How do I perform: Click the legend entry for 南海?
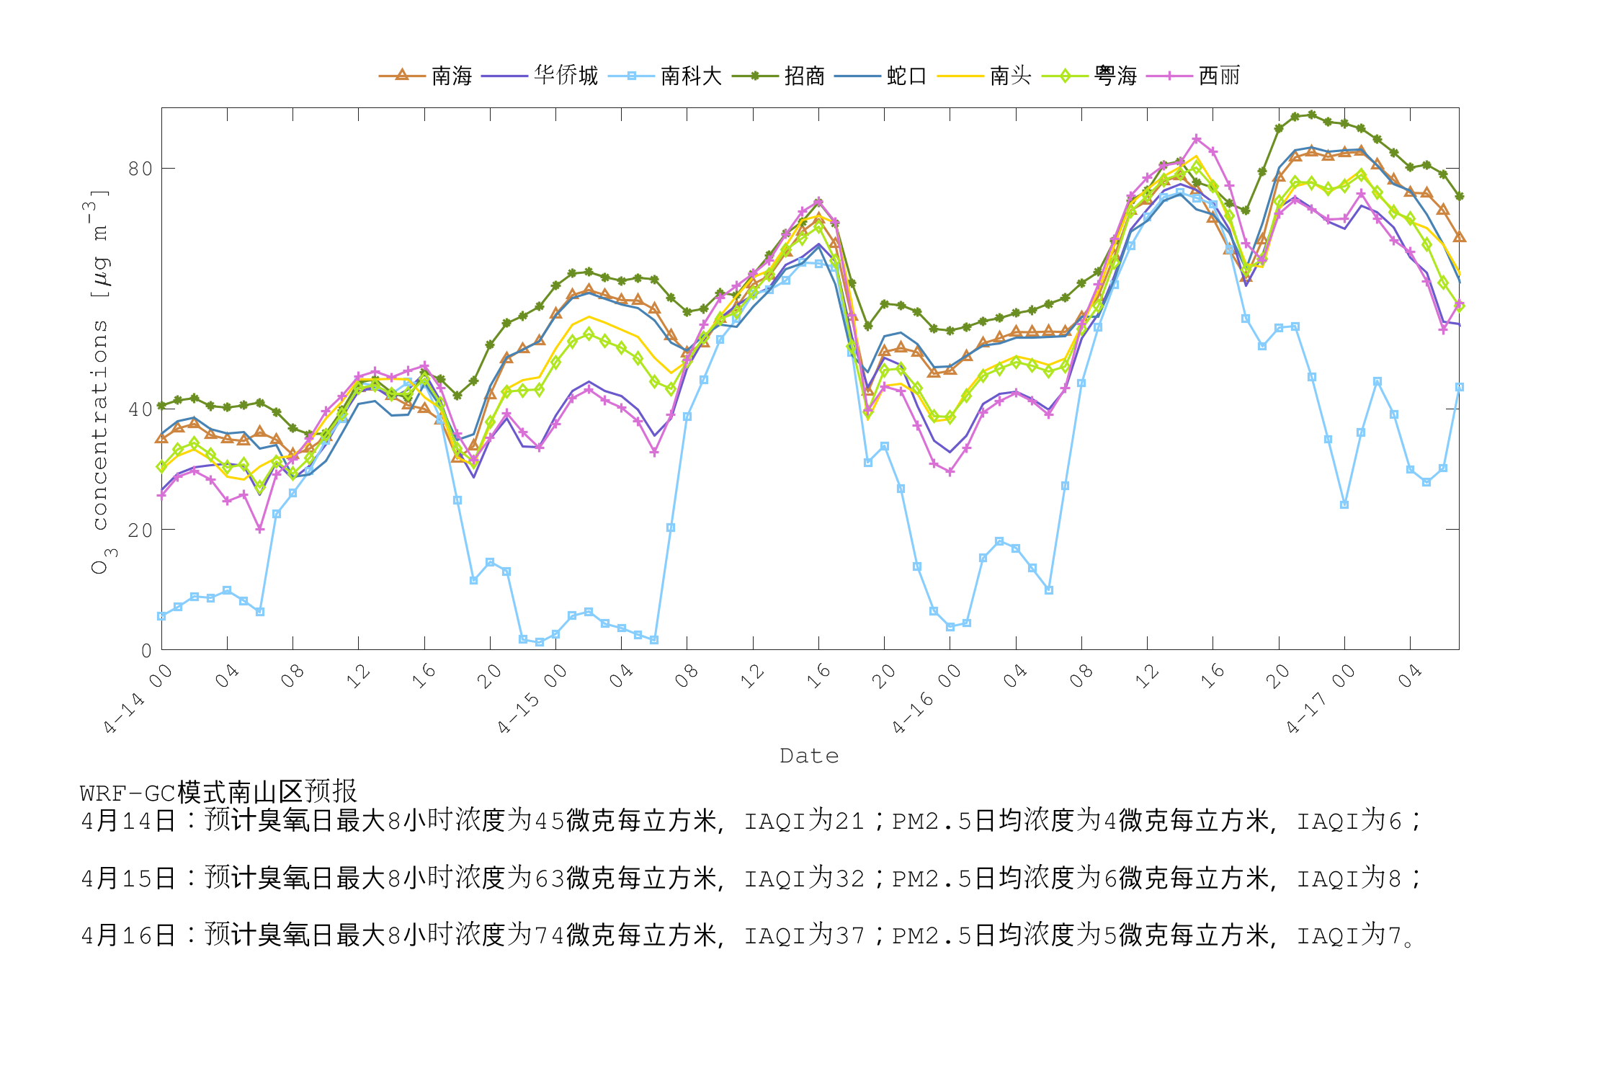(451, 76)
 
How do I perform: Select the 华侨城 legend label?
(566, 76)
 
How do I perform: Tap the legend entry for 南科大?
(691, 76)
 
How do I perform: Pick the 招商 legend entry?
(804, 76)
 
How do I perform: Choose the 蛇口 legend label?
(906, 76)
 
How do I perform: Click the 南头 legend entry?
(1010, 76)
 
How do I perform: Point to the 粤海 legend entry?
(1115, 76)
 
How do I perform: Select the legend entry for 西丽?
(1219, 76)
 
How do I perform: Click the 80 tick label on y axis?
(140, 169)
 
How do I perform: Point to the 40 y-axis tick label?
(140, 409)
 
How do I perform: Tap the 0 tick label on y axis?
(146, 651)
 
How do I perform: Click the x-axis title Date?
(809, 756)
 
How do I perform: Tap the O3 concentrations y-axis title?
(100, 382)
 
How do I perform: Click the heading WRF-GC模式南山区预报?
(218, 792)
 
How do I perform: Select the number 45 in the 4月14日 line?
(549, 822)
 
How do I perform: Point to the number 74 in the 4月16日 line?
(549, 936)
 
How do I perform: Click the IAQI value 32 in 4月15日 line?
(850, 879)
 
